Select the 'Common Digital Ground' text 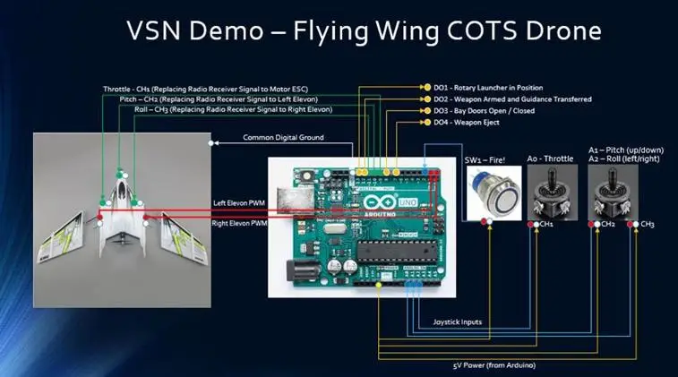pyautogui.click(x=283, y=138)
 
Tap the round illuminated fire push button pyautogui.click(x=493, y=196)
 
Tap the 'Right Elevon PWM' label pyautogui.click(x=239, y=224)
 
